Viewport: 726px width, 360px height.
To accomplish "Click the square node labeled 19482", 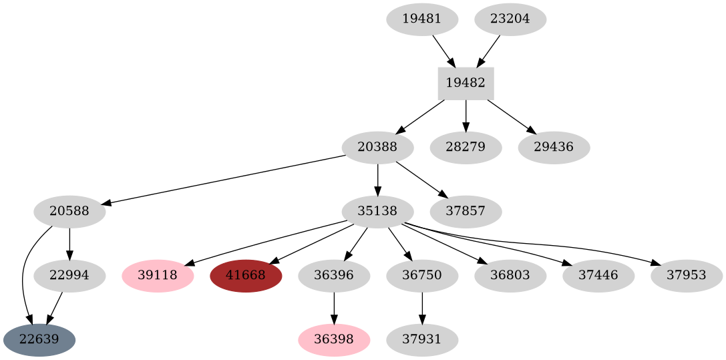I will coord(466,83).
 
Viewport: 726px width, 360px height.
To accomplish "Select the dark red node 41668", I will coord(246,275).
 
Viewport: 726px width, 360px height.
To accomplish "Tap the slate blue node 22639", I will coord(39,339).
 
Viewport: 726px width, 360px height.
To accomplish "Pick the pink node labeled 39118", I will coord(158,275).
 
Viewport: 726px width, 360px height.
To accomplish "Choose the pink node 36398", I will coord(334,339).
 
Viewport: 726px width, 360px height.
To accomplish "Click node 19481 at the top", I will coord(422,19).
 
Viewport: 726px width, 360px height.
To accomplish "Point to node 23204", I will coord(510,19).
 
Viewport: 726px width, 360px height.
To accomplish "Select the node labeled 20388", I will coord(377,147).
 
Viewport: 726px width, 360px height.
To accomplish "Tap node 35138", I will coord(377,211).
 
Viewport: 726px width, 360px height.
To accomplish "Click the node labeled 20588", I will coord(69,211).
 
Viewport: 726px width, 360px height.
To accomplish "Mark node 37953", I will coord(687,275).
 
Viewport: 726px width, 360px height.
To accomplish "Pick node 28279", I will coord(466,147).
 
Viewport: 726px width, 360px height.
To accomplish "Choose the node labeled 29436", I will coord(554,147).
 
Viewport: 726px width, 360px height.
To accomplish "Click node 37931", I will coord(422,339).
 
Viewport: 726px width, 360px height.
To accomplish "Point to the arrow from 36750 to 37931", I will coord(422,307).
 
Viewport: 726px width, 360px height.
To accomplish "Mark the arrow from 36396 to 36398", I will coord(334,307).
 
